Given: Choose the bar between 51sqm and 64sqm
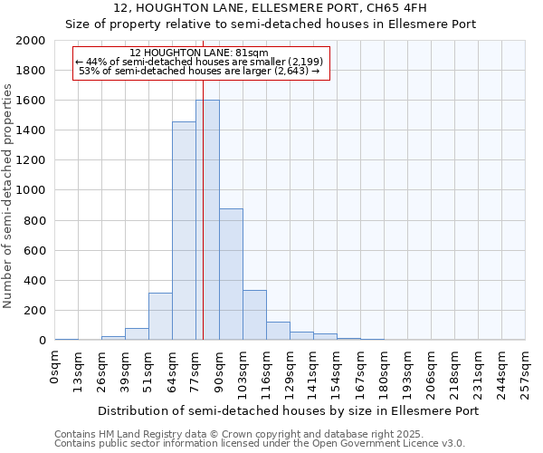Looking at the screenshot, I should (x=160, y=316).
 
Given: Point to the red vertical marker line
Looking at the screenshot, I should (x=204, y=181).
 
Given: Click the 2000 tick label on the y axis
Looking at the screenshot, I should (x=31, y=41).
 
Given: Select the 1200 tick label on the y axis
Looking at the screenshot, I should (x=31, y=160).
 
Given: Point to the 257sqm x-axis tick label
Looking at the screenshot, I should (x=526, y=374).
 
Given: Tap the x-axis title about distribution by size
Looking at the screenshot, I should (x=288, y=410).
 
